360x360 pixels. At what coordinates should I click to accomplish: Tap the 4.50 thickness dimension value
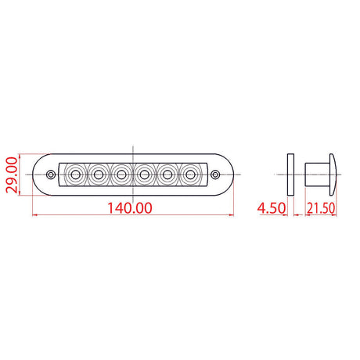point(270,209)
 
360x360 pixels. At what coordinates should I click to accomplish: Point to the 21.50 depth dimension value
point(320,209)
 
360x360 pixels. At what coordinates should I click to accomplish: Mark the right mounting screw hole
point(216,172)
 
